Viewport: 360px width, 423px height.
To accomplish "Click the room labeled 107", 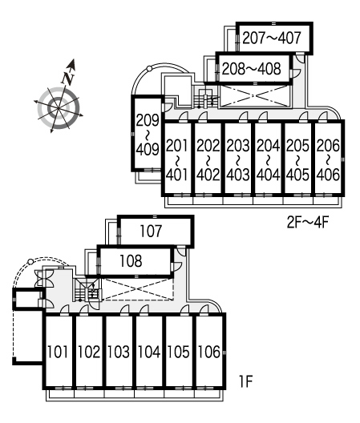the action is tap(156, 232).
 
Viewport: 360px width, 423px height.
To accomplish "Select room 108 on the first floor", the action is tap(135, 261).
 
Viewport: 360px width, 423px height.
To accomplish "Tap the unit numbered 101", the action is tap(58, 352).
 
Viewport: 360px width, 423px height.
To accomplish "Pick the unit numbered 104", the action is tap(149, 352).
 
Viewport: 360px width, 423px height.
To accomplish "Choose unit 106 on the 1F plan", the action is tap(209, 352).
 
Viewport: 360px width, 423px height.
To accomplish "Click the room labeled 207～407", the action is tap(274, 38).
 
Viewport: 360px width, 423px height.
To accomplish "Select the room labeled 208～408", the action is tap(254, 69).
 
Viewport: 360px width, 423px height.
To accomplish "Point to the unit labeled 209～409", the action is tap(148, 134).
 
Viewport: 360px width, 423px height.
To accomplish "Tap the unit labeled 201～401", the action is tap(177, 159).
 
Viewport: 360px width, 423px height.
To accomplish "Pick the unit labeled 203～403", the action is tap(238, 159).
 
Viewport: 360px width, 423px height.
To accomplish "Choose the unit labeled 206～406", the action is tap(329, 159).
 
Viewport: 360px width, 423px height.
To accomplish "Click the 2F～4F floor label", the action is tap(308, 223).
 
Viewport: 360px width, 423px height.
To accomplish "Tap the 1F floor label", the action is tap(246, 381).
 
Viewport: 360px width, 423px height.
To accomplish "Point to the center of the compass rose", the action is tap(59, 108).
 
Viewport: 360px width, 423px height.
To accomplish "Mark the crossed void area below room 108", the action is tap(138, 289).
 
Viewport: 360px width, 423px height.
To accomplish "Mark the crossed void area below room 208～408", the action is tap(254, 95).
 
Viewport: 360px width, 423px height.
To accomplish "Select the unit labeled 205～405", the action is tap(298, 159).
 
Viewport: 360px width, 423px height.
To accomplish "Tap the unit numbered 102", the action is tap(88, 352).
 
